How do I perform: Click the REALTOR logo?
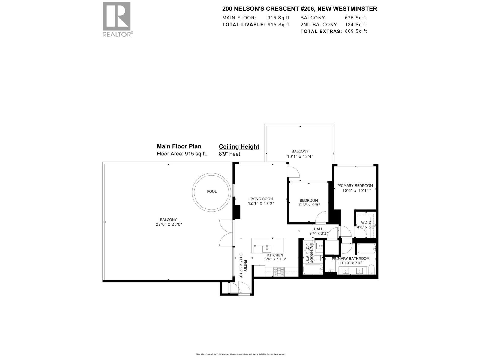click(x=117, y=19)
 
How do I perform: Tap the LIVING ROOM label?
click(x=260, y=199)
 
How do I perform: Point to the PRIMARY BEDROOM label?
click(x=355, y=186)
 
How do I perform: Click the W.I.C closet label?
click(x=366, y=223)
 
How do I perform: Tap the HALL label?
click(x=318, y=229)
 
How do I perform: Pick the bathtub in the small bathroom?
click(x=313, y=269)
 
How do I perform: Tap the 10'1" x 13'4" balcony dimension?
click(x=300, y=156)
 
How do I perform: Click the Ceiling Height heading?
click(x=239, y=146)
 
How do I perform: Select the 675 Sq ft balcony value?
click(x=356, y=18)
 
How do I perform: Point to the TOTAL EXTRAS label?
click(x=321, y=31)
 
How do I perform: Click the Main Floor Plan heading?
click(x=179, y=146)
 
